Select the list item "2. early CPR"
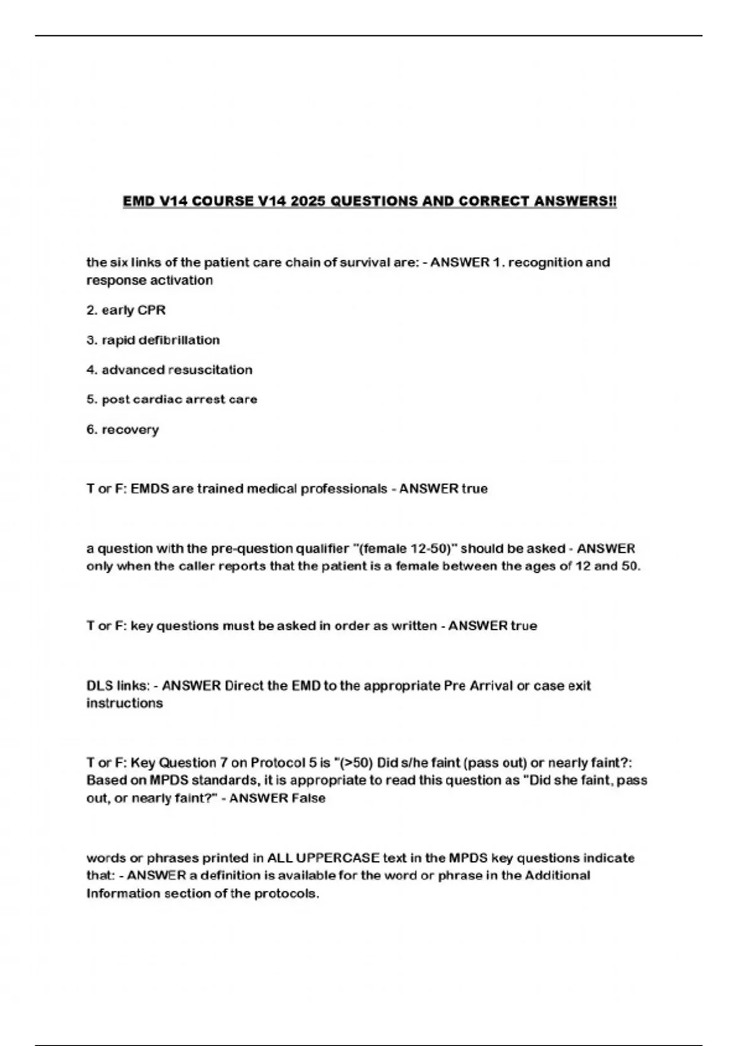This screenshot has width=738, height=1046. click(126, 310)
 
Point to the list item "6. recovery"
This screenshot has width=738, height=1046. click(122, 429)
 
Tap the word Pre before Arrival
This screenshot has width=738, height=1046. click(455, 685)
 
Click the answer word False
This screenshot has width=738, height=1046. click(309, 799)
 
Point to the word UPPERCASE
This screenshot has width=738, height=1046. click(338, 858)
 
